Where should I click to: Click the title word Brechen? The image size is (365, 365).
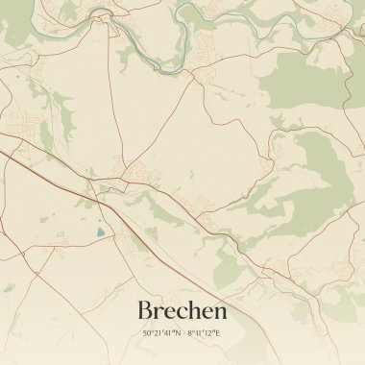tap(182, 311)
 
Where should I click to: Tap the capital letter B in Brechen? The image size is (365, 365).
tap(146, 311)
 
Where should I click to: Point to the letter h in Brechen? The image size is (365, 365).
tap(196, 311)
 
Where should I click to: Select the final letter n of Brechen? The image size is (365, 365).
tap(221, 313)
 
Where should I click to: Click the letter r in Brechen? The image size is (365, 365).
tap(158, 313)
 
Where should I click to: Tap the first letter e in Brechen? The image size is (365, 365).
tap(170, 313)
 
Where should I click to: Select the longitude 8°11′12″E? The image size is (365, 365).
tap(203, 333)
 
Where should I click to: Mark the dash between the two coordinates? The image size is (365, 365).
tap(183, 333)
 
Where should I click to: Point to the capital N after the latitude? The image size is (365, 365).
tap(178, 333)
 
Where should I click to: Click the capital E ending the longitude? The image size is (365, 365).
tap(217, 333)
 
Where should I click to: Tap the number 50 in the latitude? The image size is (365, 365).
tap(147, 333)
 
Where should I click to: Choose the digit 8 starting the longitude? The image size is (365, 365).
tap(189, 333)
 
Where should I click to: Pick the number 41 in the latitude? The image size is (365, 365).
tap(168, 333)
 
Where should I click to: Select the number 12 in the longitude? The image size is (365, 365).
tap(209, 333)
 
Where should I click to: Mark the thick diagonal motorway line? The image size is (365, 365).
tap(58, 164)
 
